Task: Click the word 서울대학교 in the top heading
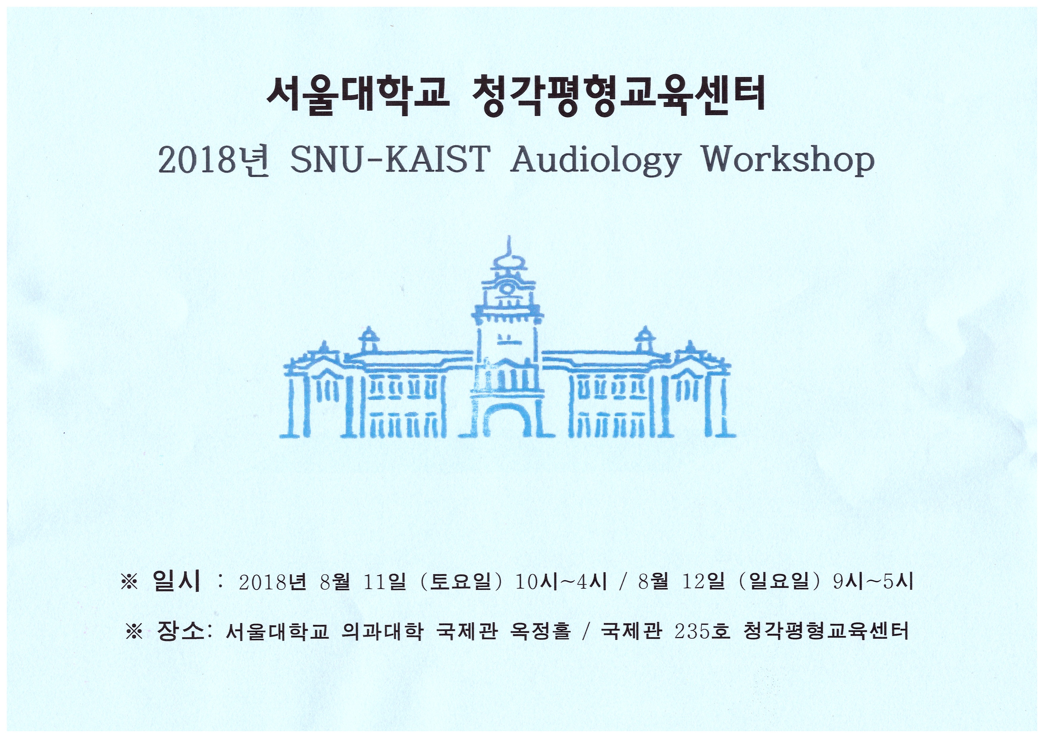(x=358, y=97)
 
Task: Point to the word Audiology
(x=596, y=161)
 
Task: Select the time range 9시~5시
(x=873, y=582)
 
